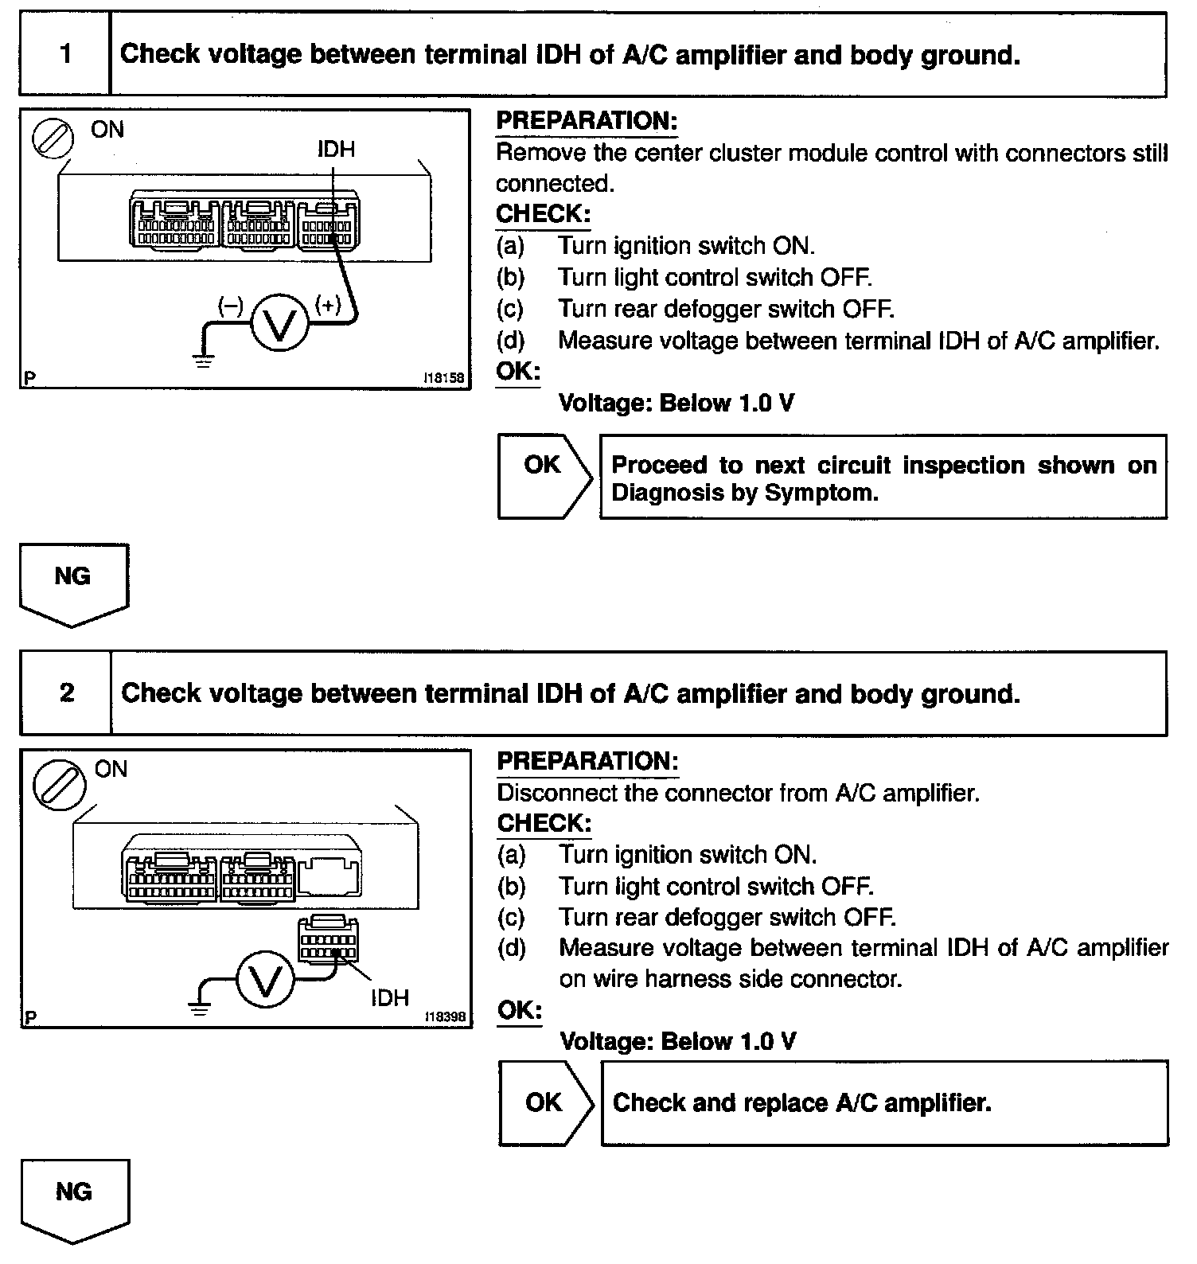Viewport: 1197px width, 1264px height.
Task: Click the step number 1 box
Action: pos(64,54)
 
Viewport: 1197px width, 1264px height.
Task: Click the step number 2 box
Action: pos(66,692)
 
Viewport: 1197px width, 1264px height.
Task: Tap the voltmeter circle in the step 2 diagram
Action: pos(265,981)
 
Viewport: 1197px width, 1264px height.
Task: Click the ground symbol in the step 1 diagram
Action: pos(204,361)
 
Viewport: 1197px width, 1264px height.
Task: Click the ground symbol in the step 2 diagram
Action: pos(199,1010)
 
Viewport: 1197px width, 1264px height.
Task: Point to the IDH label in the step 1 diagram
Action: pos(336,149)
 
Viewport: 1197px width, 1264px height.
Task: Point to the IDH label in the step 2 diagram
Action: pos(389,997)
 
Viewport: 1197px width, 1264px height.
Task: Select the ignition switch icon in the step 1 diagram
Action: pos(52,139)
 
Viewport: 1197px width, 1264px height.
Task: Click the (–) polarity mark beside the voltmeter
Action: pos(230,306)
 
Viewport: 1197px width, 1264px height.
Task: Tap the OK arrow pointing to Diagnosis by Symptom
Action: pos(544,477)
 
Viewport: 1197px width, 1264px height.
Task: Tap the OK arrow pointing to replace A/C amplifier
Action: pos(546,1102)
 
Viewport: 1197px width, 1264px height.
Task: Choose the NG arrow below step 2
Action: pos(74,1199)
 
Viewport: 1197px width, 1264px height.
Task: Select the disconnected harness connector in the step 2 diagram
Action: pos(327,939)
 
